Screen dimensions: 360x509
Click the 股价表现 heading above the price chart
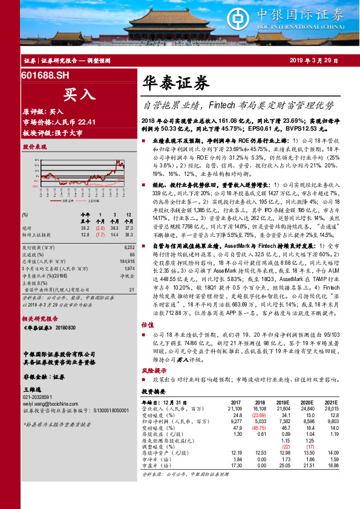tap(34, 147)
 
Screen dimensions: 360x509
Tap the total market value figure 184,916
tap(126, 261)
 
